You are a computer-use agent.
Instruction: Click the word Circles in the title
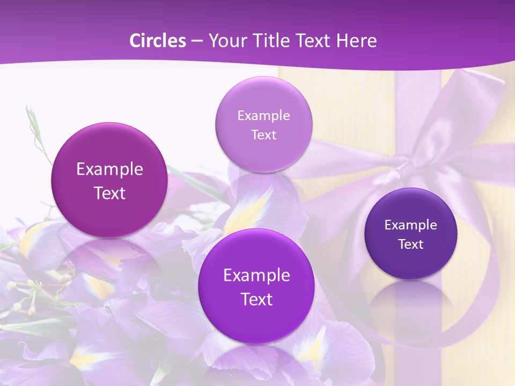coord(157,41)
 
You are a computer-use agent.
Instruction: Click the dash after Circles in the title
coord(196,41)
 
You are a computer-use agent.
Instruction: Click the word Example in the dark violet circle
coord(411,225)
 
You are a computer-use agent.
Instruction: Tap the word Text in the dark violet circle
coord(411,244)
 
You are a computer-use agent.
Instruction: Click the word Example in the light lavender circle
coord(263,116)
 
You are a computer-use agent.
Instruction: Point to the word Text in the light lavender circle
coord(263,135)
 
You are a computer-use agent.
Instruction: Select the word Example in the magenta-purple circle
coord(109,169)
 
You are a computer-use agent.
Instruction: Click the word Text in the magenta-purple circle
coord(109,193)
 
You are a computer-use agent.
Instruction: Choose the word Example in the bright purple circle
coord(256,276)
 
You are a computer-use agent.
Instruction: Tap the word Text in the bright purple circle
coord(256,299)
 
